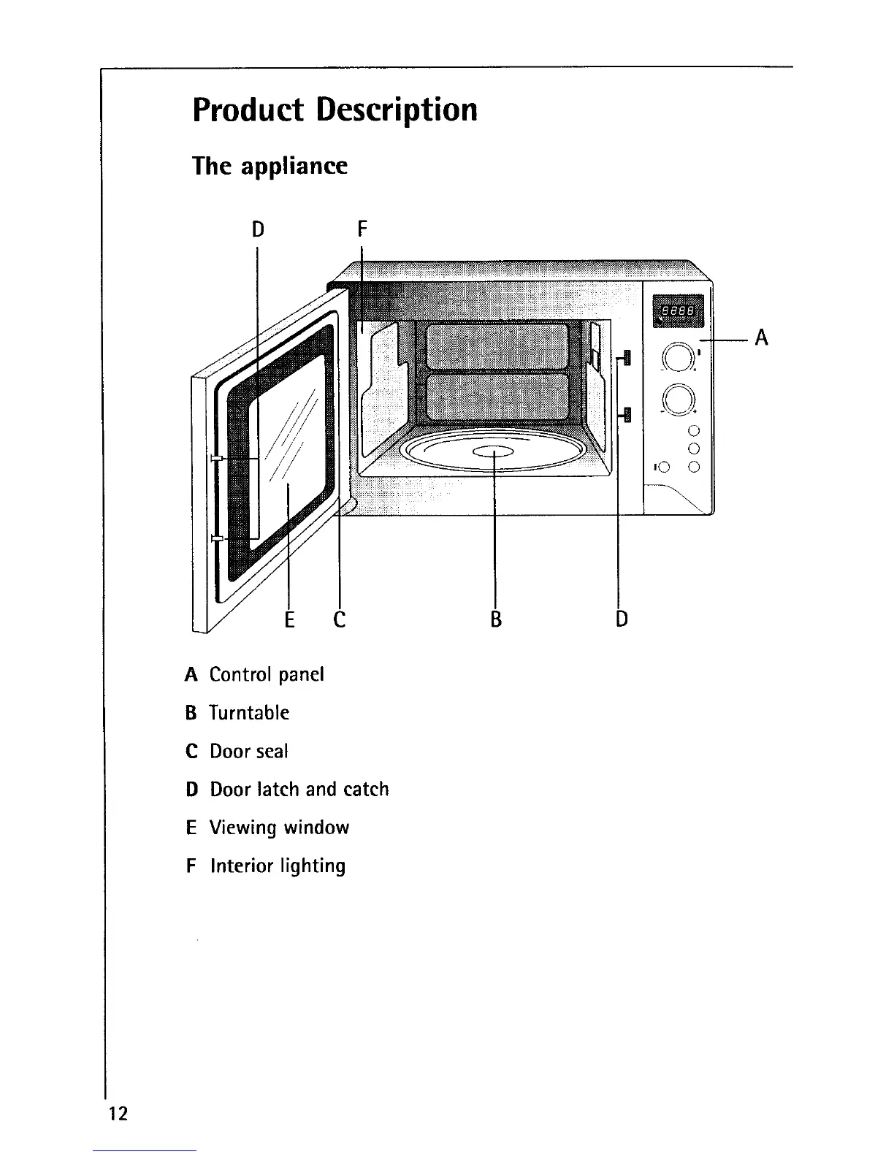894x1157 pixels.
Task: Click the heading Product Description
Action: point(335,110)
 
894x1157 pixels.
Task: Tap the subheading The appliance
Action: point(270,166)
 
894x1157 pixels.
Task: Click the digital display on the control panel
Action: point(676,310)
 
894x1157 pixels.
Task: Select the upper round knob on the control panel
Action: point(678,358)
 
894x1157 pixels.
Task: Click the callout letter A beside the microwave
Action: point(761,337)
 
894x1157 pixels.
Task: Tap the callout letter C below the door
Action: point(339,619)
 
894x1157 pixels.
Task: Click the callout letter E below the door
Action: point(289,619)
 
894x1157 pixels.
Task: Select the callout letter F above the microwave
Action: point(362,229)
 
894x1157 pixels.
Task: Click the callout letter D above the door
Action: point(257,229)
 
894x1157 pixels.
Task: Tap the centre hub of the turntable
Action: point(494,451)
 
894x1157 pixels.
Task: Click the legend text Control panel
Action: point(267,674)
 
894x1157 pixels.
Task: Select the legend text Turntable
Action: point(249,713)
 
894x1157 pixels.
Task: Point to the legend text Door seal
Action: point(249,751)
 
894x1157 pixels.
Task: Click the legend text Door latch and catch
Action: point(299,790)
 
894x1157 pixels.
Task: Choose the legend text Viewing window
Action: point(279,828)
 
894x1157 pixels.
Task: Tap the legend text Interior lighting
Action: point(278,866)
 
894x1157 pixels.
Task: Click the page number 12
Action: point(117,1113)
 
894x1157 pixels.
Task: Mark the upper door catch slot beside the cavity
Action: point(625,358)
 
